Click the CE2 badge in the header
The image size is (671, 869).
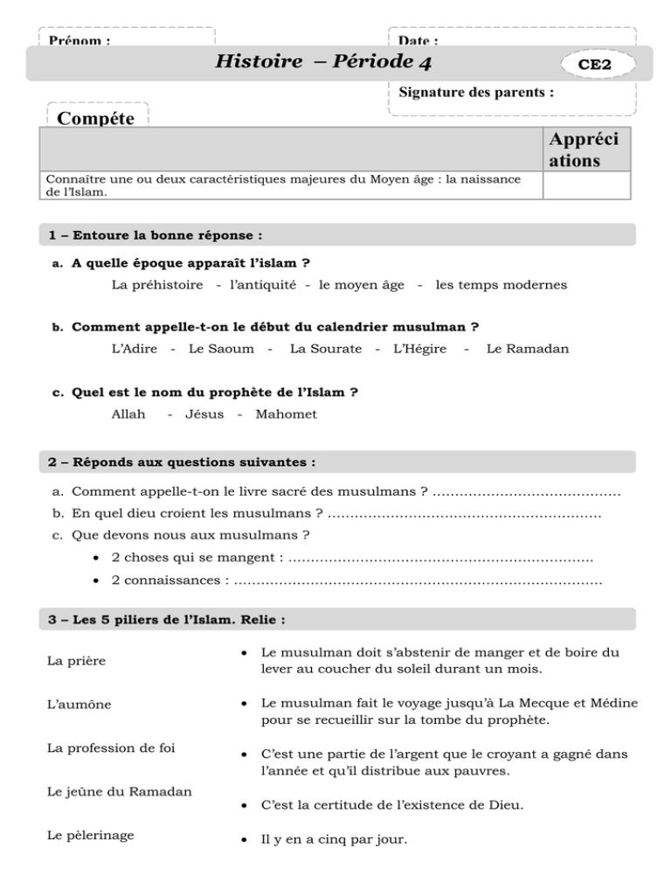[594, 65]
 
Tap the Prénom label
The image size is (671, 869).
[80, 41]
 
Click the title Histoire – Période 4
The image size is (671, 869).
[324, 62]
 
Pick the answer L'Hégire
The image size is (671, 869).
[420, 349]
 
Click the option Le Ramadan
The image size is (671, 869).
[527, 349]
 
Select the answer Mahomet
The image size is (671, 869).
[286, 414]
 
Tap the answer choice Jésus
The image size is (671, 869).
[204, 414]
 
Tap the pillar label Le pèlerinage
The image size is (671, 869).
[92, 835]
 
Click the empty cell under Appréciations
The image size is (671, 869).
[586, 185]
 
